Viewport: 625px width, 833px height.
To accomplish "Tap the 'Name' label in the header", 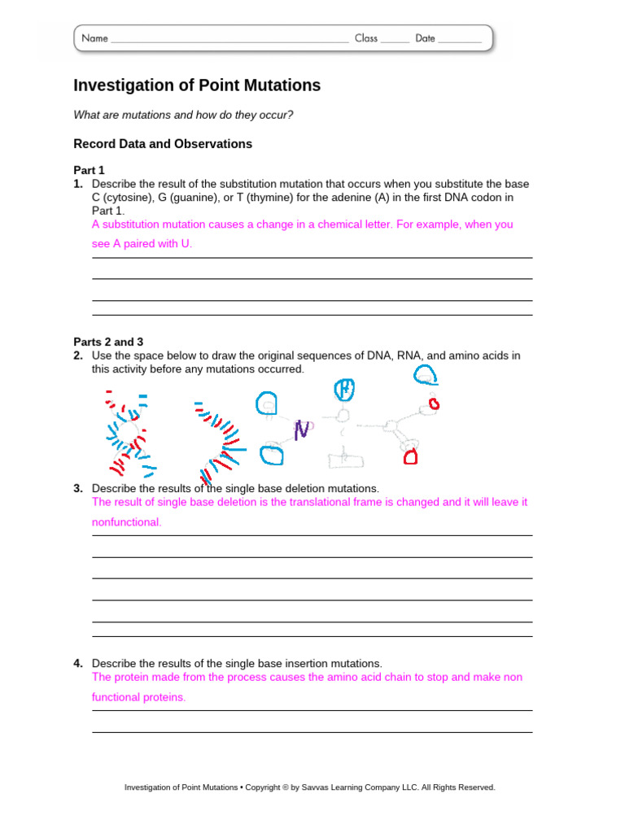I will click(x=94, y=38).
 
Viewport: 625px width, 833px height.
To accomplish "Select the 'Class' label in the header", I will click(x=366, y=38).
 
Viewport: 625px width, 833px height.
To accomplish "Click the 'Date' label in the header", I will click(x=425, y=38).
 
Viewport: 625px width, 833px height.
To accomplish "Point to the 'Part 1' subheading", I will click(x=89, y=170).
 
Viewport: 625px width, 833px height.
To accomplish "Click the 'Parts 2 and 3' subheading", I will click(x=108, y=342).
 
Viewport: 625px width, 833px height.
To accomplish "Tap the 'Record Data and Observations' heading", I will click(x=163, y=144).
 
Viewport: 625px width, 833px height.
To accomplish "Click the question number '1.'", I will click(x=78, y=184).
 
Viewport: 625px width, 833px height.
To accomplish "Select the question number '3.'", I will click(x=78, y=488).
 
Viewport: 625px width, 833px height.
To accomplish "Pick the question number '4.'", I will click(x=78, y=663).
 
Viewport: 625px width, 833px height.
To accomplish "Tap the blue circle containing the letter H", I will click(x=346, y=390).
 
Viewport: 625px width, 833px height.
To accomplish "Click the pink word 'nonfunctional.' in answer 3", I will click(x=126, y=522).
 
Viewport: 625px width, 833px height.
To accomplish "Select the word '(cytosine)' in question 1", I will click(x=127, y=198).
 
